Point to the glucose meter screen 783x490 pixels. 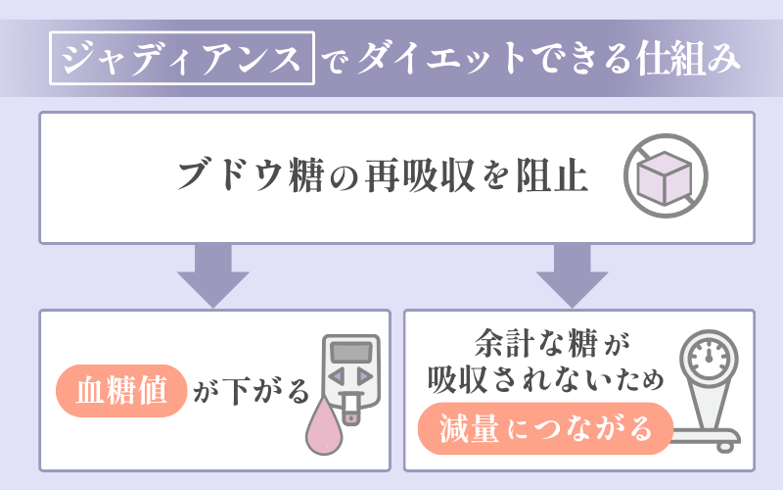[347, 352]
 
